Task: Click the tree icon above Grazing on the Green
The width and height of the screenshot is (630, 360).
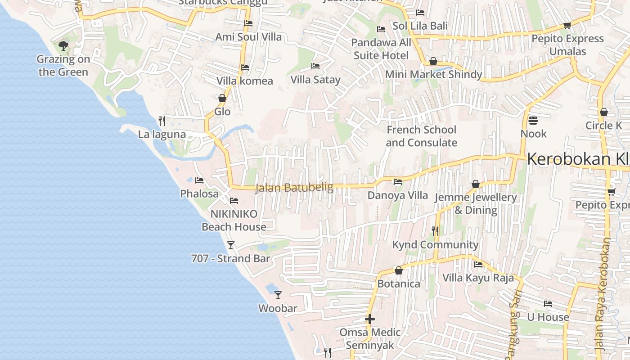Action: pyautogui.click(x=63, y=45)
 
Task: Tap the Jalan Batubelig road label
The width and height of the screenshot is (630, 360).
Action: pyautogui.click(x=294, y=187)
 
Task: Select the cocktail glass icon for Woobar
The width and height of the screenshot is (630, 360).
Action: pyautogui.click(x=278, y=295)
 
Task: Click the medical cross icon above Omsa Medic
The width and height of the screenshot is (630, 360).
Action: pyautogui.click(x=370, y=319)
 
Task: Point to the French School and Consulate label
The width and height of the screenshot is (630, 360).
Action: pyautogui.click(x=421, y=136)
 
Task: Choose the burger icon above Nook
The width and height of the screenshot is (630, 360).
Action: pyautogui.click(x=533, y=121)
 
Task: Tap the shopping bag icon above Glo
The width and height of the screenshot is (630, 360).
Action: pyautogui.click(x=222, y=98)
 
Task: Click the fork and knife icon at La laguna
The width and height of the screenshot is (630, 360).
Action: pyautogui.click(x=162, y=121)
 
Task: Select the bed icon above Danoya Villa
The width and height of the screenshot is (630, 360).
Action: pyautogui.click(x=398, y=182)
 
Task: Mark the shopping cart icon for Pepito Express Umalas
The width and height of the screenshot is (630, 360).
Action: pyautogui.click(x=567, y=26)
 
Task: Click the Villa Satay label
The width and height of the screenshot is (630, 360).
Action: pyautogui.click(x=315, y=80)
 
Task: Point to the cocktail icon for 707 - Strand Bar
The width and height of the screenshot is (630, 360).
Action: pyautogui.click(x=231, y=245)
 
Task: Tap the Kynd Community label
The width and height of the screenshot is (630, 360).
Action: pyautogui.click(x=435, y=245)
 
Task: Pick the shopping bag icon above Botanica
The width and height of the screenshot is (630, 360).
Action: pyautogui.click(x=398, y=270)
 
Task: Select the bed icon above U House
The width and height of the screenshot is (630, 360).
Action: pyautogui.click(x=548, y=304)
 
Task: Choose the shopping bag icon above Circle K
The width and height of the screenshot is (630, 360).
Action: pyautogui.click(x=604, y=112)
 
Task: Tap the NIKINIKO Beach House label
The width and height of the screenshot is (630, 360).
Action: pyautogui.click(x=234, y=220)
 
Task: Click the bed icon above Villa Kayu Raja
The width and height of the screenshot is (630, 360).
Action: pyautogui.click(x=478, y=265)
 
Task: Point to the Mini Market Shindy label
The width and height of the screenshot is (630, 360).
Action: pyautogui.click(x=433, y=74)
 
